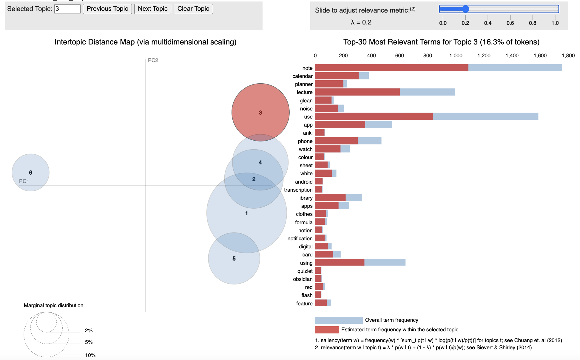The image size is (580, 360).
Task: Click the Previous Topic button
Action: click(x=107, y=9)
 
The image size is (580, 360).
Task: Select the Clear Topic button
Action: click(x=193, y=9)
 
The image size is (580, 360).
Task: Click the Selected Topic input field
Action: click(x=67, y=9)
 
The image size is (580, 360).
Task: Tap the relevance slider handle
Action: click(x=465, y=9)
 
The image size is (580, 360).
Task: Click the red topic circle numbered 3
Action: click(x=260, y=104)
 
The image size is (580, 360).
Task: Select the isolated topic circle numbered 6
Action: click(x=30, y=172)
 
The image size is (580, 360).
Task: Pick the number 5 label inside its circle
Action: click(x=234, y=259)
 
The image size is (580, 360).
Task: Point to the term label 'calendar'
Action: click(x=302, y=76)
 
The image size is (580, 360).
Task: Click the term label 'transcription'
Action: click(x=298, y=190)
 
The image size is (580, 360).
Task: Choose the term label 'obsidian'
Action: click(x=303, y=279)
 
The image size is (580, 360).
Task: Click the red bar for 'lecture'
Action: click(x=357, y=92)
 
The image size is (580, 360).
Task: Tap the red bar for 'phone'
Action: click(x=336, y=141)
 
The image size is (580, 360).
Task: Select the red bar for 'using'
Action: click(x=340, y=263)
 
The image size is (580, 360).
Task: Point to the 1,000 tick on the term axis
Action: click(x=456, y=56)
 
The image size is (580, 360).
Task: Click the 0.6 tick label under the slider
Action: click(x=510, y=23)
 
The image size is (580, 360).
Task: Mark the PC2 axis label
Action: click(x=153, y=60)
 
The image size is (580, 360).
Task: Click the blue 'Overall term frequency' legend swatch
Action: click(x=339, y=320)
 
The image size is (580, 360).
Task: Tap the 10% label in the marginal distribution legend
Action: click(x=90, y=355)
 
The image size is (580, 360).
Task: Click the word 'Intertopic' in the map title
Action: click(x=69, y=42)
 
